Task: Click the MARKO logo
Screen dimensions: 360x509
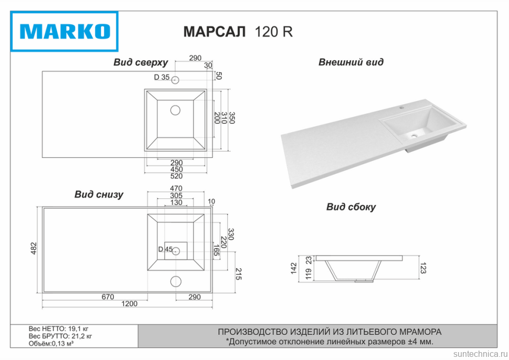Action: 65,31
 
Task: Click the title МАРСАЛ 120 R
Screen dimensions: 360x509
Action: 238,31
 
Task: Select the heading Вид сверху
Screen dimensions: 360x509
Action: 141,62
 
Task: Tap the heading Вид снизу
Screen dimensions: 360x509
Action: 99,195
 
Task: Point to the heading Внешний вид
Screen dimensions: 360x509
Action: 351,62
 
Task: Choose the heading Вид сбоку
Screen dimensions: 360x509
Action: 351,207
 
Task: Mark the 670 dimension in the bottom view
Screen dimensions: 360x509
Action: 107,297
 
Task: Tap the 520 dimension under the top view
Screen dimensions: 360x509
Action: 176,176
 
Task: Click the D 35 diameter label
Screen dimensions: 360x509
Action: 161,78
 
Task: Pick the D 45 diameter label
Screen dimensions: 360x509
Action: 165,249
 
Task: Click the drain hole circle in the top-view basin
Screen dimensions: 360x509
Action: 175,110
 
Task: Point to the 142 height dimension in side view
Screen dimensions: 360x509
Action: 294,269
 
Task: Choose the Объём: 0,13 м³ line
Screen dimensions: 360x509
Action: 51,344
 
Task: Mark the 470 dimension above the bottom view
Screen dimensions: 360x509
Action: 176,188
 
